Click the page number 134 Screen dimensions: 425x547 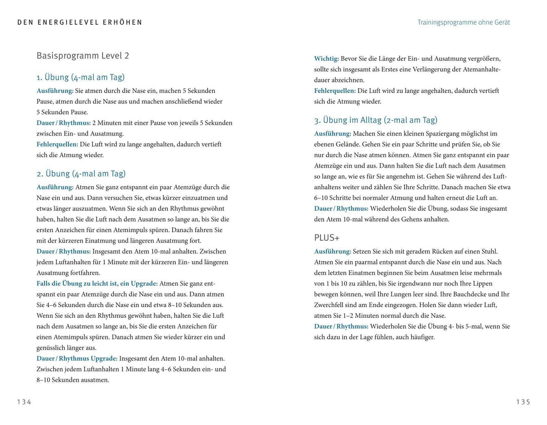[x=24, y=402]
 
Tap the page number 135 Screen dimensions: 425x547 [x=523, y=402]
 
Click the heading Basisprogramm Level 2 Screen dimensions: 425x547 [x=83, y=56]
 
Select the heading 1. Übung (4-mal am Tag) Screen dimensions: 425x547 [x=81, y=77]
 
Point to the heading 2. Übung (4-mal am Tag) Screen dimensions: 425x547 [x=81, y=174]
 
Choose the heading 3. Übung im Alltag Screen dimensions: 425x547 [x=375, y=120]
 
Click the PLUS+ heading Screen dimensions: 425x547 [x=327, y=237]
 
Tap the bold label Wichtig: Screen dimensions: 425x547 [x=327, y=59]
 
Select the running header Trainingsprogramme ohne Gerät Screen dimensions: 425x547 [x=463, y=22]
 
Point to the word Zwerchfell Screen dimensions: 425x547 [x=330, y=305]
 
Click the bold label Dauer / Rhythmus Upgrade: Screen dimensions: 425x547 [x=77, y=359]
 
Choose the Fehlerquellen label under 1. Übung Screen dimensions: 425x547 [x=57, y=144]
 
